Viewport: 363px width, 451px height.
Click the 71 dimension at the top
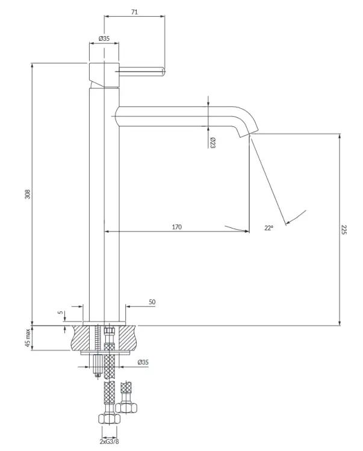point(134,12)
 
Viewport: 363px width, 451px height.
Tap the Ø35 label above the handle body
point(104,38)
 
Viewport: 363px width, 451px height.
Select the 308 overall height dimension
point(28,194)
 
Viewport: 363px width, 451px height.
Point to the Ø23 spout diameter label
point(213,143)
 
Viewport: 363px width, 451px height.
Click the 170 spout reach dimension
point(177,227)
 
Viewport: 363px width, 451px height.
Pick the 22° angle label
point(268,228)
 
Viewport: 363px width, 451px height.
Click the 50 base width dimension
point(152,302)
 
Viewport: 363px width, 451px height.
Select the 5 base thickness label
point(60,312)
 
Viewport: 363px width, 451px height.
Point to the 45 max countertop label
point(28,338)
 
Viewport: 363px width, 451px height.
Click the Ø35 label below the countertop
point(143,362)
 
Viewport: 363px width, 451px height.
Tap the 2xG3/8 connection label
point(109,441)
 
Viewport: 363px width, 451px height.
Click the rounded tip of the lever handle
point(163,72)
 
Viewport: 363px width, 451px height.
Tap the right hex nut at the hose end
point(126,408)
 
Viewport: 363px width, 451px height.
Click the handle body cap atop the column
point(104,74)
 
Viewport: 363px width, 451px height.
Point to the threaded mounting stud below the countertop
point(98,365)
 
